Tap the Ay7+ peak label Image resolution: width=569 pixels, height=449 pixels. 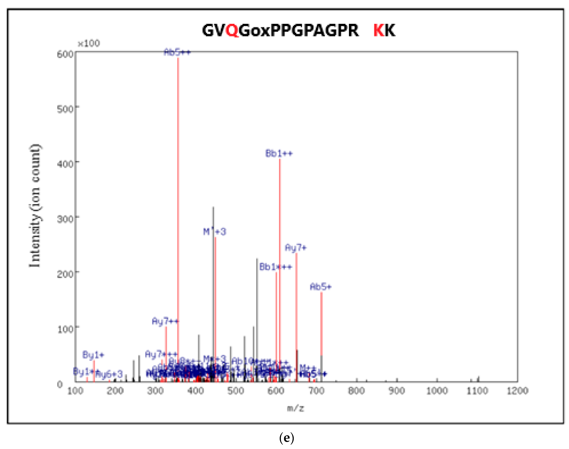(296, 248)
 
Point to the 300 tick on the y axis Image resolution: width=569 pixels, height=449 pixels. (65, 219)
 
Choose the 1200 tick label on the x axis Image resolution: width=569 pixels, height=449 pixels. (517, 391)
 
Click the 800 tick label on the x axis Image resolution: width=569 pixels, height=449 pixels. (356, 391)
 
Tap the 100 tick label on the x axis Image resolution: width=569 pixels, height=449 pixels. (75, 391)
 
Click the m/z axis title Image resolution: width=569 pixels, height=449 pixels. (295, 408)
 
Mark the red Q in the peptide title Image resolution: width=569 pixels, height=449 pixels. (232, 30)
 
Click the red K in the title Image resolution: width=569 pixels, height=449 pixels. (379, 30)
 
